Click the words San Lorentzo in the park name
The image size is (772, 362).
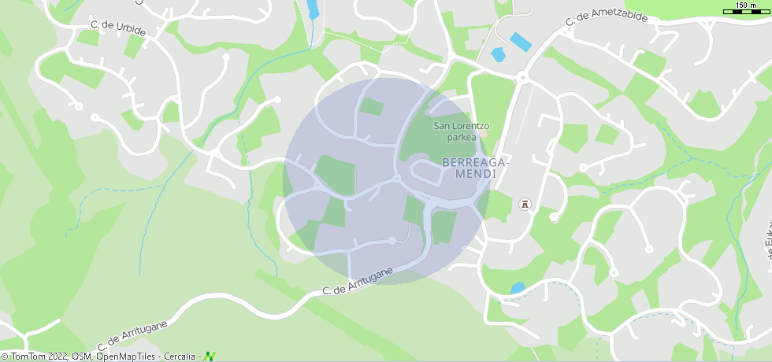tap(462, 126)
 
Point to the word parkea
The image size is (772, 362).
tap(461, 137)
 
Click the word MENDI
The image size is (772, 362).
tap(475, 173)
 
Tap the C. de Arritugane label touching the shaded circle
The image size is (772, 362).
tap(358, 280)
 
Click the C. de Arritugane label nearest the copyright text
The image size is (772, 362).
tap(132, 335)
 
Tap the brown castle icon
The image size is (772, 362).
tap(524, 205)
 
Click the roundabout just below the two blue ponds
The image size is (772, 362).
tap(521, 77)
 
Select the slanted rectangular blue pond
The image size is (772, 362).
tap(521, 41)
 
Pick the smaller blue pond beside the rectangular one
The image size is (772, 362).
tap(498, 55)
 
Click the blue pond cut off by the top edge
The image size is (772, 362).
tap(313, 9)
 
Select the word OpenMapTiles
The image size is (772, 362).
tap(126, 356)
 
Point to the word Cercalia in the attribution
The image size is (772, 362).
tap(179, 356)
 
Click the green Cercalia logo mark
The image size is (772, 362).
tap(210, 356)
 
